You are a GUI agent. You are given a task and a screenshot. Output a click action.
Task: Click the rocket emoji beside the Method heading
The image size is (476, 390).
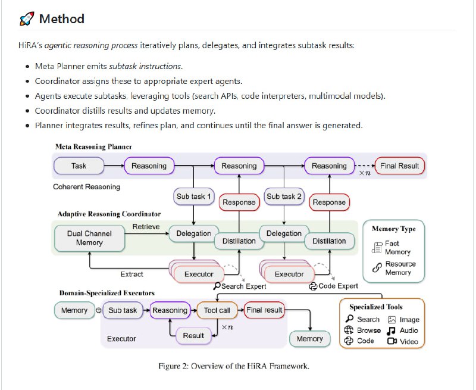[26, 19]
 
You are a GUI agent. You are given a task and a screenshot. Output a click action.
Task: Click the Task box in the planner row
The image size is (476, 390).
[79, 166]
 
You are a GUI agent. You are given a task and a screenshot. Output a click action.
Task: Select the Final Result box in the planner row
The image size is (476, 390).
[400, 166]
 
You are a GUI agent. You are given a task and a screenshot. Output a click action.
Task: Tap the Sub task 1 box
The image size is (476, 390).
[193, 196]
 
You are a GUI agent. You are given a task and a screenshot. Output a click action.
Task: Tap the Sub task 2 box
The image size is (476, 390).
[284, 196]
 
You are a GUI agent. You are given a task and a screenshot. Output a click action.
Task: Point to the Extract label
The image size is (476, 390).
[131, 274]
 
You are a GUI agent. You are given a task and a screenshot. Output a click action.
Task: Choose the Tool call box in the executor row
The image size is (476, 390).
[217, 310]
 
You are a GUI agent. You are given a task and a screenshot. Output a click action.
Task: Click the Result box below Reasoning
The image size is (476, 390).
[193, 336]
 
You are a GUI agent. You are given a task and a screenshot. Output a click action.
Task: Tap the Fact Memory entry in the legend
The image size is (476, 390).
[397, 247]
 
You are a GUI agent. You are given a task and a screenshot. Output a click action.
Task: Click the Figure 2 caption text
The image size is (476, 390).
[234, 366]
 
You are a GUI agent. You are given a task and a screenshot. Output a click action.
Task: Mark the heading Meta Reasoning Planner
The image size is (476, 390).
[93, 146]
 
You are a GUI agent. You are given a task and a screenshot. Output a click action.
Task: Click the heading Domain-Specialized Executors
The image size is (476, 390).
[107, 293]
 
